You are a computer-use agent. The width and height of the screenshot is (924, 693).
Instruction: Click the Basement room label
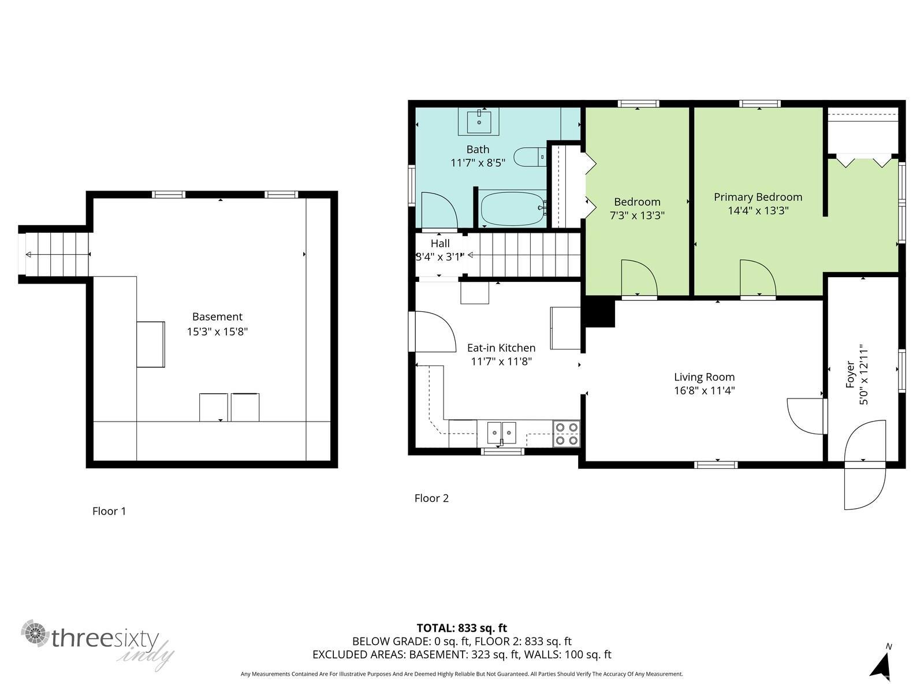[x=217, y=316]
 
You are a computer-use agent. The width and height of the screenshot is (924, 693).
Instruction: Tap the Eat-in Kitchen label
[x=501, y=348]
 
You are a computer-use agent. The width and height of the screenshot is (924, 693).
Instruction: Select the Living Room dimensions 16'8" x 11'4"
[x=704, y=390]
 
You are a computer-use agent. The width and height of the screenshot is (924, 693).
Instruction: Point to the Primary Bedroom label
[x=758, y=197]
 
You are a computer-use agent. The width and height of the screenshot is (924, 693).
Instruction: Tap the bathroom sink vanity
[x=479, y=121]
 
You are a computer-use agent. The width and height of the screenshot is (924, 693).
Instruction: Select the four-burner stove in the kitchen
[x=566, y=433]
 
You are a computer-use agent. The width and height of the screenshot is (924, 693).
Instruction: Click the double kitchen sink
[x=501, y=433]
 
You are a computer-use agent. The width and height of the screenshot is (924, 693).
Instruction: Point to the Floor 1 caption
[x=109, y=511]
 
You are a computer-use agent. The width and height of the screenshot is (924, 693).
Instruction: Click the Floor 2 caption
[x=431, y=498]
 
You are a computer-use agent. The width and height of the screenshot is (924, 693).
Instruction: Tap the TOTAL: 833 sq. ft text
[x=462, y=628]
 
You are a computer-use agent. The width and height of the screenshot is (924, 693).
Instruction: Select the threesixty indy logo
[x=98, y=643]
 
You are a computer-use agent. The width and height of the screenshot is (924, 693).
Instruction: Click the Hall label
[x=440, y=244]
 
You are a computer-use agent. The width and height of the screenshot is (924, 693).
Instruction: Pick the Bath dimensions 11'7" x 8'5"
[x=478, y=163]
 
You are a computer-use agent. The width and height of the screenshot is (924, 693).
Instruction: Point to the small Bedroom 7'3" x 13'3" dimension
[x=637, y=215]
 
